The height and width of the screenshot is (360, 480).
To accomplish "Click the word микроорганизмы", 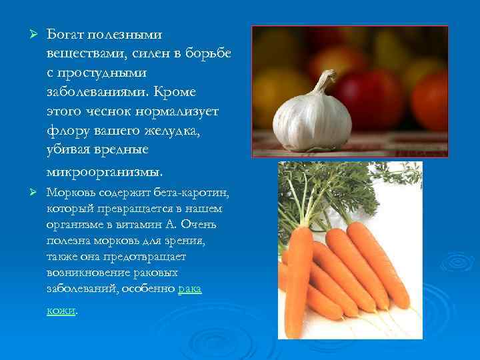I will tap(105, 171).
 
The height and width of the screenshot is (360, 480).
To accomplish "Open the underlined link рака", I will tap(191, 288).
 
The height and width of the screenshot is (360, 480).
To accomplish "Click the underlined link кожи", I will tap(61, 309).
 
